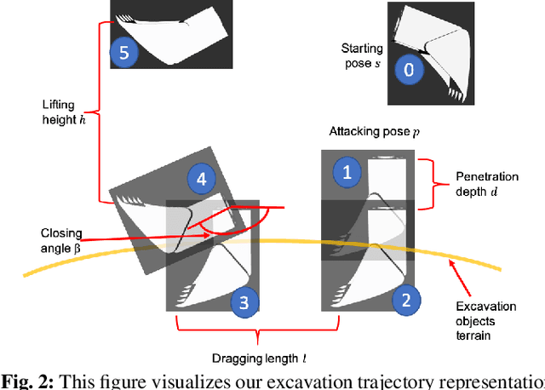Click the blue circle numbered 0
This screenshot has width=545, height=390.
(x=410, y=70)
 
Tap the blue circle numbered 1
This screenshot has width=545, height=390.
(x=346, y=173)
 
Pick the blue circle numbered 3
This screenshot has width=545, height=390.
(x=244, y=301)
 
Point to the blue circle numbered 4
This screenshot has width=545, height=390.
(x=201, y=179)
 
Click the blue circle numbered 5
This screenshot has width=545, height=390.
(x=124, y=53)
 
